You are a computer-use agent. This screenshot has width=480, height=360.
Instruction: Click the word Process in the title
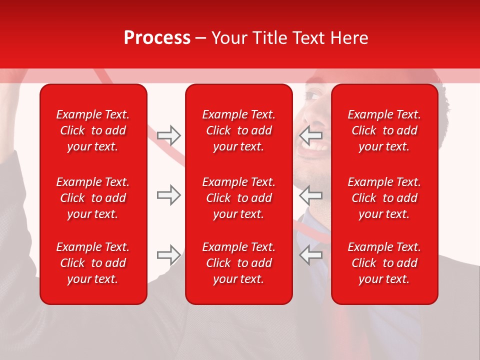157,38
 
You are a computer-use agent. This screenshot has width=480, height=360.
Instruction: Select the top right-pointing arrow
168,135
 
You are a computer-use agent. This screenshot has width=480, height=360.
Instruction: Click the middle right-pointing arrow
168,195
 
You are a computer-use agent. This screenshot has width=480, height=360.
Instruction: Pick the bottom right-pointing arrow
168,255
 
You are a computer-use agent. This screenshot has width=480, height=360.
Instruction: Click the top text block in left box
93,130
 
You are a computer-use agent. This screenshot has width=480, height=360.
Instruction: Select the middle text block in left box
93,198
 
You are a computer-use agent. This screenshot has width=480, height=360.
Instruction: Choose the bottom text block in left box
93,263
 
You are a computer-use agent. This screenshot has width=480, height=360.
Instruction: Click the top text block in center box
238,130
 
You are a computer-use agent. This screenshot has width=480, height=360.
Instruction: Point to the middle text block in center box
238,198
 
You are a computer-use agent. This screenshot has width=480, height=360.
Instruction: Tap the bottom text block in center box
238,263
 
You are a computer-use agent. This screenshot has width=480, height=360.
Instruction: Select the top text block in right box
384,130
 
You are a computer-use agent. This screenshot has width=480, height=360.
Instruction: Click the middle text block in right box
384,198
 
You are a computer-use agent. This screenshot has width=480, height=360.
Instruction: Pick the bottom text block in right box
384,263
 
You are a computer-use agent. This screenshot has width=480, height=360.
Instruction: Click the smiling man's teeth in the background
318,147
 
